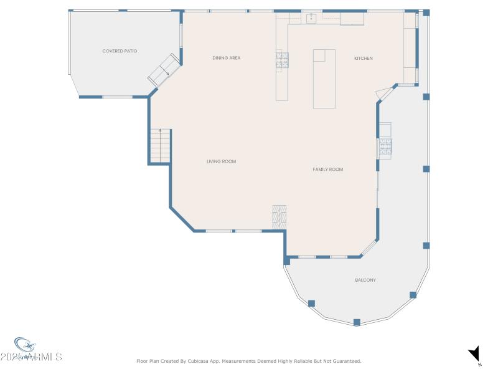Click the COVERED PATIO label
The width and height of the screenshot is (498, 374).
(x=120, y=51)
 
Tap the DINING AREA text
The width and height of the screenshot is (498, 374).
(x=226, y=58)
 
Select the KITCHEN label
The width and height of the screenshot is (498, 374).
(x=364, y=59)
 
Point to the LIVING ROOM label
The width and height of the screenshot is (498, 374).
(x=221, y=161)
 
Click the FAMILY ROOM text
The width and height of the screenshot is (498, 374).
(x=327, y=170)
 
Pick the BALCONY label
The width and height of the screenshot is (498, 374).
(x=365, y=280)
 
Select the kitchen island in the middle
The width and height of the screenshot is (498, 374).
(x=324, y=79)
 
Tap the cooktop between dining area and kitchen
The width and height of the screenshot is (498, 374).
(x=282, y=60)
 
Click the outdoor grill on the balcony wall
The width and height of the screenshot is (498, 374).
(x=385, y=146)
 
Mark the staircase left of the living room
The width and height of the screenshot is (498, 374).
(x=160, y=146)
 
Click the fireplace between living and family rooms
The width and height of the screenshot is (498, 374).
(x=279, y=216)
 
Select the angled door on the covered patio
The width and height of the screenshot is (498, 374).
(x=164, y=70)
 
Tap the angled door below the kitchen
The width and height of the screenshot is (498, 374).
(x=383, y=93)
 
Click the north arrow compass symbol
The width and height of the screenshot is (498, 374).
(x=474, y=354)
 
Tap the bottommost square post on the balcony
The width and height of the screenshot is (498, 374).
(x=357, y=322)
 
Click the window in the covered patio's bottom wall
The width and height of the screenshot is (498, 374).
(x=117, y=97)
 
